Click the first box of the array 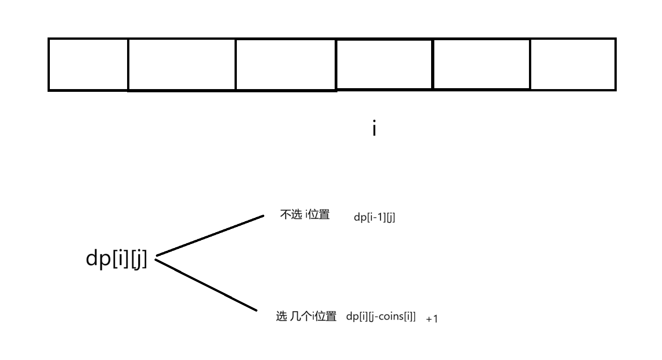pyautogui.click(x=88, y=64)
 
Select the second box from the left pyautogui.click(x=182, y=64)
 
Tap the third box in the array pyautogui.click(x=286, y=64)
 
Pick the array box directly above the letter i pyautogui.click(x=384, y=64)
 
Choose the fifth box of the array pyautogui.click(x=481, y=64)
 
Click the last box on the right pyautogui.click(x=573, y=64)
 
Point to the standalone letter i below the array pyautogui.click(x=374, y=129)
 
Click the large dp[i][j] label pyautogui.click(x=117, y=259)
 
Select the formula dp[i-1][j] pyautogui.click(x=374, y=217)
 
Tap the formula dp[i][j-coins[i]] pyautogui.click(x=381, y=317)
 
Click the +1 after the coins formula pyautogui.click(x=432, y=319)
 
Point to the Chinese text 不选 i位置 pyautogui.click(x=305, y=215)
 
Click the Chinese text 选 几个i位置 pyautogui.click(x=306, y=316)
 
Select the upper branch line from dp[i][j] pyautogui.click(x=210, y=235)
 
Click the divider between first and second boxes pyautogui.click(x=128, y=64)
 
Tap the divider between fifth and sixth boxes pyautogui.click(x=530, y=64)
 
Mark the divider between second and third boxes pyautogui.click(x=235, y=64)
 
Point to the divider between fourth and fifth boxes pyautogui.click(x=432, y=64)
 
